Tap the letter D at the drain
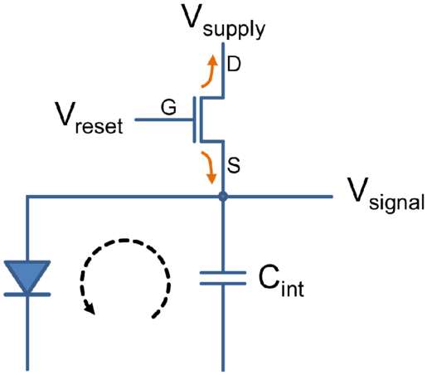(234, 64)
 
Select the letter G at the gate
(168, 107)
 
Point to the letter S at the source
(234, 165)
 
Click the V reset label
(89, 118)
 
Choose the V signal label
(386, 195)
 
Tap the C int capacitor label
(281, 280)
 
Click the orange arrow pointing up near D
(211, 72)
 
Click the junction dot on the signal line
(223, 197)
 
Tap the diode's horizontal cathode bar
(27, 295)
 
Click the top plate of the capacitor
(223, 273)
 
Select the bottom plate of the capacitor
(223, 284)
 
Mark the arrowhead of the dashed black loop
(90, 308)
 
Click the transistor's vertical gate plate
(195, 119)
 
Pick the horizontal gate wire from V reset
(163, 119)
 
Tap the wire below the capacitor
(223, 329)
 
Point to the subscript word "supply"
(234, 30)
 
